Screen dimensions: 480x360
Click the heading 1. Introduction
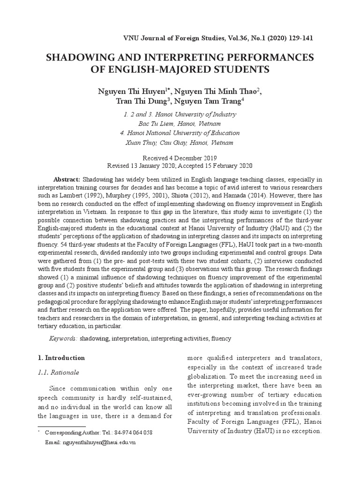coord(61,358)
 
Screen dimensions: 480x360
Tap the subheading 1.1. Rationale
coord(58,373)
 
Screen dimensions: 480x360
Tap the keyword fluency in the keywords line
coord(221,338)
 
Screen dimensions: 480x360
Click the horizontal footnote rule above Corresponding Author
coord(61,426)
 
